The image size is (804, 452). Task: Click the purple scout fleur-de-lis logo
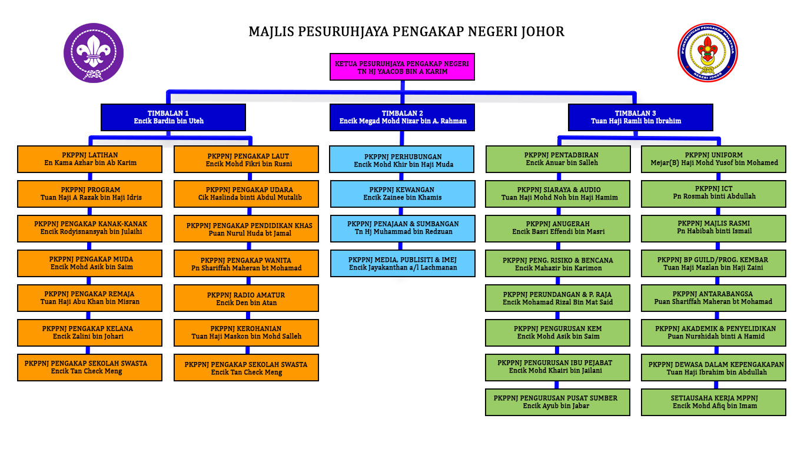(x=93, y=53)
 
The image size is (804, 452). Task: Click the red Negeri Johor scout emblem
(x=707, y=52)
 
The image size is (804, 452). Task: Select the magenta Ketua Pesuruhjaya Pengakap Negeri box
(x=402, y=67)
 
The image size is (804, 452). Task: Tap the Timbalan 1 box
(x=173, y=117)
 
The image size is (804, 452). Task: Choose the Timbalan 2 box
(x=402, y=117)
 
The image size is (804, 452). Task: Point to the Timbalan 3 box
(x=640, y=117)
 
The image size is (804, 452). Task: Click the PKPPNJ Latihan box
(x=90, y=159)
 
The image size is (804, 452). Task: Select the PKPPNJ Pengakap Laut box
(x=247, y=159)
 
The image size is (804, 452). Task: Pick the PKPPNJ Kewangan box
(x=402, y=194)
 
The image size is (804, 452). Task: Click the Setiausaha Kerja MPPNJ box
(x=713, y=402)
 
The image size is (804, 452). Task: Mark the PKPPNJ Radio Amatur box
(x=247, y=298)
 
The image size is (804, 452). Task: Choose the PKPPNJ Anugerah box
(x=557, y=228)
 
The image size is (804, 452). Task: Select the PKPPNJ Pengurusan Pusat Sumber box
(x=557, y=402)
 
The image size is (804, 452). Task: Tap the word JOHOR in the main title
(x=543, y=31)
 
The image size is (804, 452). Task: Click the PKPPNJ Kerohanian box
(x=247, y=333)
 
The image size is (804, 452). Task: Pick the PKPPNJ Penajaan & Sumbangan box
(x=402, y=228)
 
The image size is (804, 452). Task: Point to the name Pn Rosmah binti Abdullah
(x=713, y=197)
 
